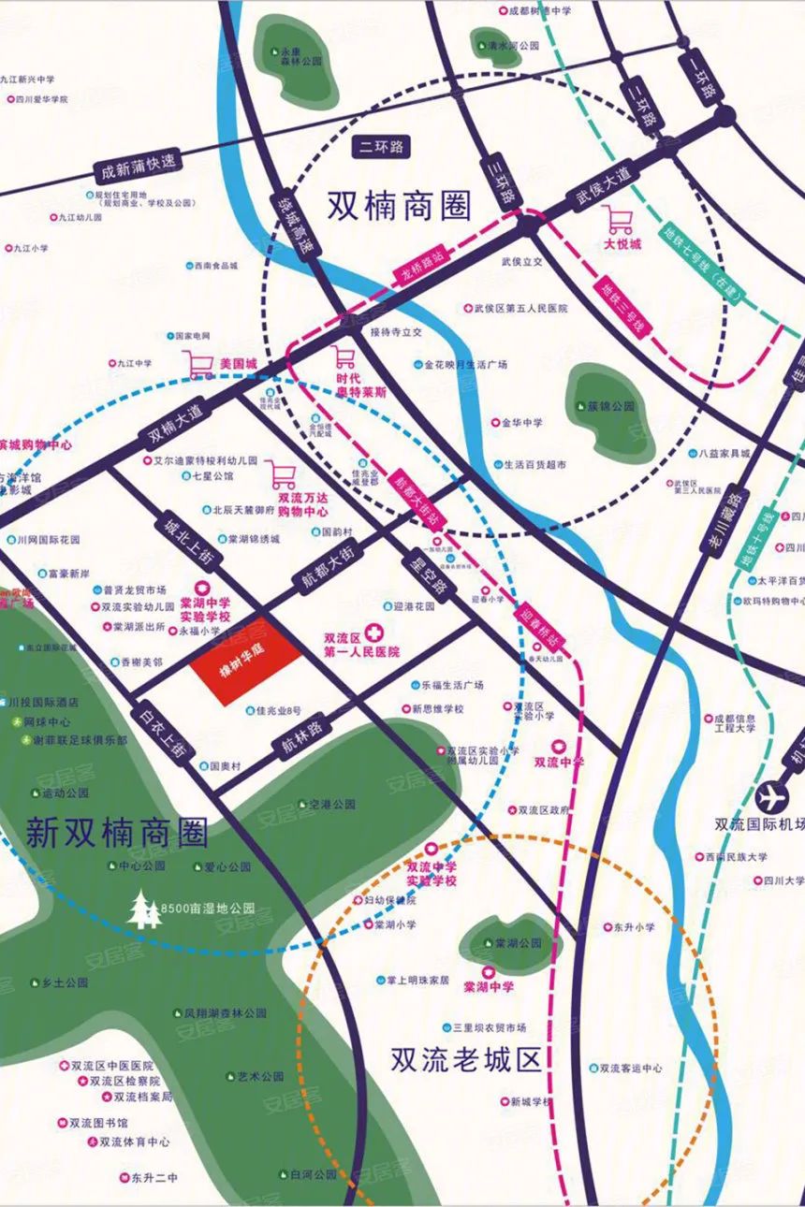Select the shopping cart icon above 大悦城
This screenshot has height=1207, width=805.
pos(619,220)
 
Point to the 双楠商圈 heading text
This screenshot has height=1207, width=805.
pos(399,206)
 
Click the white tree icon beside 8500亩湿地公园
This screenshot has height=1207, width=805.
pos(143,909)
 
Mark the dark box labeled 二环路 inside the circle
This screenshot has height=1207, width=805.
pos(382,147)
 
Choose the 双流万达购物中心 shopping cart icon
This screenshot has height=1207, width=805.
pos(282,474)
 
